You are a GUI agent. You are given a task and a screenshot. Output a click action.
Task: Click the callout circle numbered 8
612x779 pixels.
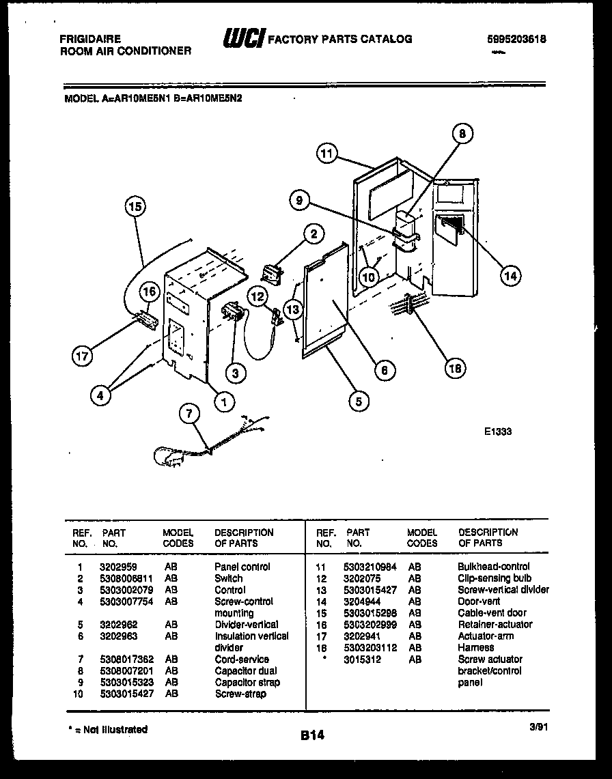(462, 134)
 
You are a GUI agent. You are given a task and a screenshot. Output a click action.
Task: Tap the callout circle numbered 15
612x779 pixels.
(135, 206)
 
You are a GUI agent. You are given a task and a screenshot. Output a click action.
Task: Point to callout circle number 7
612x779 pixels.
(189, 414)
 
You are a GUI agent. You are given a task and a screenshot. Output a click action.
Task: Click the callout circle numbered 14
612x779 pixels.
(509, 276)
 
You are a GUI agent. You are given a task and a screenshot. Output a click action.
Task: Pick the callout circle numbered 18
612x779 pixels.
(454, 368)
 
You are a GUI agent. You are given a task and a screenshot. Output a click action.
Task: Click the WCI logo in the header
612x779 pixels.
(242, 39)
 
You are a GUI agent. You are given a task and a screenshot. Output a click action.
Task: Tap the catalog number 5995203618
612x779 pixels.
(516, 40)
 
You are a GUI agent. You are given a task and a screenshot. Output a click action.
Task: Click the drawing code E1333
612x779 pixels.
(498, 431)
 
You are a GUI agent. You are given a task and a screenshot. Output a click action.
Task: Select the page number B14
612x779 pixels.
(311, 736)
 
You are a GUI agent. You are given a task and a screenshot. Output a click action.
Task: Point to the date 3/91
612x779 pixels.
(537, 728)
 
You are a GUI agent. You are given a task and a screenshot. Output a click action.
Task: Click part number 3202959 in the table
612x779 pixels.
(117, 567)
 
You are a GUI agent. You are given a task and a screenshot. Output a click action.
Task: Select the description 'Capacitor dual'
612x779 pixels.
(246, 671)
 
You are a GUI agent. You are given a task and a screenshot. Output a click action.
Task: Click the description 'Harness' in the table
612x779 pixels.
(475, 647)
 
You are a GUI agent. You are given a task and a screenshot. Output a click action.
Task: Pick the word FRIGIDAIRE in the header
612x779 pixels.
(90, 40)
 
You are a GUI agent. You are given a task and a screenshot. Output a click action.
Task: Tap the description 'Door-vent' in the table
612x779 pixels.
(479, 601)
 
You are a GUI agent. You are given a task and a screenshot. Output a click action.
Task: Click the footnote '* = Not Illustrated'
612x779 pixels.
(108, 730)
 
